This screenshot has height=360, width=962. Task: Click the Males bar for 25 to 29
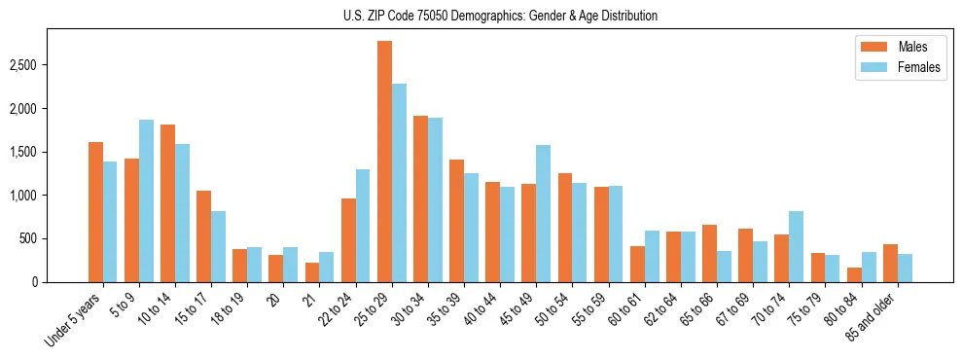tap(384, 162)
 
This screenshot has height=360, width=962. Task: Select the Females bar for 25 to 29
tap(399, 183)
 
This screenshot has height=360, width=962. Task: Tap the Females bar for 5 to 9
tap(146, 200)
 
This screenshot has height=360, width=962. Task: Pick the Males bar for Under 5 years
tap(95, 212)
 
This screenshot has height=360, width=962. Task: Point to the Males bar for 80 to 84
tap(854, 274)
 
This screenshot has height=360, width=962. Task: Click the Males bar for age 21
tap(311, 272)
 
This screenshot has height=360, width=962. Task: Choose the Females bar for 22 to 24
tap(363, 226)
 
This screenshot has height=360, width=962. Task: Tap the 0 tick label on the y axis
tap(33, 282)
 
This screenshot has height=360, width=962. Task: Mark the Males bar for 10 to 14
tap(167, 203)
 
